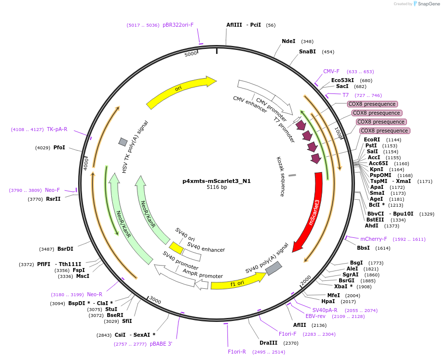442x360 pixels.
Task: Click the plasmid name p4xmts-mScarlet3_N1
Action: pos(217,181)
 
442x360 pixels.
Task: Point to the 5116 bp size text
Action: pos(217,187)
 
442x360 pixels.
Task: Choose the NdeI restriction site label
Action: pos(288,42)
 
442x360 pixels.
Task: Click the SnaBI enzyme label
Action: pos(307,51)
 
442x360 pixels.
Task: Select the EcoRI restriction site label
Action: pos(372,140)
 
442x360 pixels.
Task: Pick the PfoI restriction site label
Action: pos(59,147)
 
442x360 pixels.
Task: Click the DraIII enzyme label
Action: pos(268,343)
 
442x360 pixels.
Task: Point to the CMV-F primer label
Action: pos(331,71)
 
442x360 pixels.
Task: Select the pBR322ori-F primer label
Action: pos(178,25)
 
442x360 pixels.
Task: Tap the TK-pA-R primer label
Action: pos(57,130)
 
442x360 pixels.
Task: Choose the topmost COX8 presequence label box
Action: pos(372,104)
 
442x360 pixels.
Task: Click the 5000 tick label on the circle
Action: pos(190,54)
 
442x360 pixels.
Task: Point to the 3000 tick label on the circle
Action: pos(155,301)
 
